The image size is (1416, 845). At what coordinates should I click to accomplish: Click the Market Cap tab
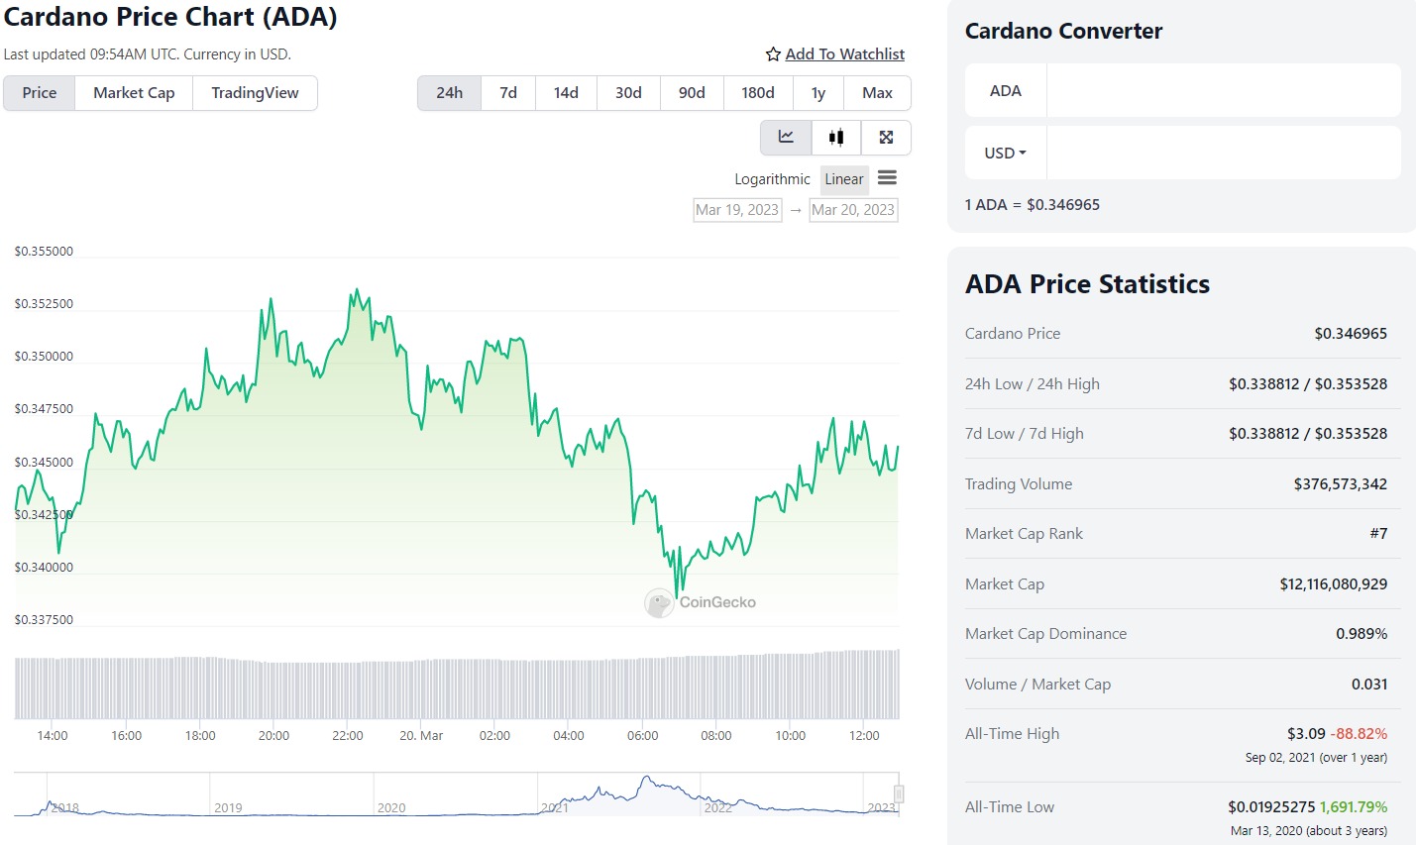(134, 93)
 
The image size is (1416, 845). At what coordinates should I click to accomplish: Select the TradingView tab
(255, 93)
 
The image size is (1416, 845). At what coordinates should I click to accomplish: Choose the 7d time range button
(508, 93)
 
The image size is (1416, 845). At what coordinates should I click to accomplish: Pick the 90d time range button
(692, 93)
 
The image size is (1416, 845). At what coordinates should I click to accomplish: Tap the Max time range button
(877, 93)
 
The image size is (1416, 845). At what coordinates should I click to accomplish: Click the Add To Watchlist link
(844, 54)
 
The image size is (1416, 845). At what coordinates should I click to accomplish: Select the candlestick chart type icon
(836, 138)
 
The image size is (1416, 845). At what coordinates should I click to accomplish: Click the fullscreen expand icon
(886, 138)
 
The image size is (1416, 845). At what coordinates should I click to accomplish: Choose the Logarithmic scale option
(772, 179)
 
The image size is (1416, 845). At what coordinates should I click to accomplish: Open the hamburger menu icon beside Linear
(887, 178)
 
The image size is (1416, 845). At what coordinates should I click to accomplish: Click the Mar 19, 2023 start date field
(737, 210)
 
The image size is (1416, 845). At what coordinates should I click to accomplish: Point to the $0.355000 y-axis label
(44, 252)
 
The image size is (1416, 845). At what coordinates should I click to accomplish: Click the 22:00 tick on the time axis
(348, 736)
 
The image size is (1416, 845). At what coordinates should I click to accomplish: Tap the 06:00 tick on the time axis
(642, 736)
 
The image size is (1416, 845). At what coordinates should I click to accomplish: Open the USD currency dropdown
(1005, 154)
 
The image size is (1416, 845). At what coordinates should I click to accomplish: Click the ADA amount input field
(1223, 91)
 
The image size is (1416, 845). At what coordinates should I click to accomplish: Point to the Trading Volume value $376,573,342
(1340, 484)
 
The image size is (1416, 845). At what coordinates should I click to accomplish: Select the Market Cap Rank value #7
(1378, 534)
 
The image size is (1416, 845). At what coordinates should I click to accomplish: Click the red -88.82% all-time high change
(1359, 734)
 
